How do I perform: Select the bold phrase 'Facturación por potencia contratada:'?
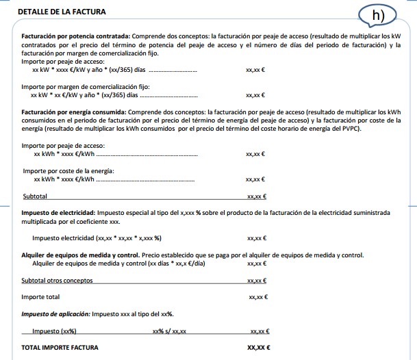[75, 35]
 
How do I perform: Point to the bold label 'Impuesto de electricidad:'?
[58, 213]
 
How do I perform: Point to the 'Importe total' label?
[40, 297]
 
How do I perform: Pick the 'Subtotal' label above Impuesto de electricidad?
[35, 196]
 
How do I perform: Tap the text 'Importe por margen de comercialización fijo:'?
[85, 87]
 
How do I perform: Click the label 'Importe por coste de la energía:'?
[68, 170]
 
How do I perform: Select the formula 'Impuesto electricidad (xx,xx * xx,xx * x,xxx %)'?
[97, 238]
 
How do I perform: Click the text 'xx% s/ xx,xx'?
[169, 331]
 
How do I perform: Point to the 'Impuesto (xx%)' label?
[53, 331]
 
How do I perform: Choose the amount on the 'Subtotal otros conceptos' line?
[257, 281]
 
